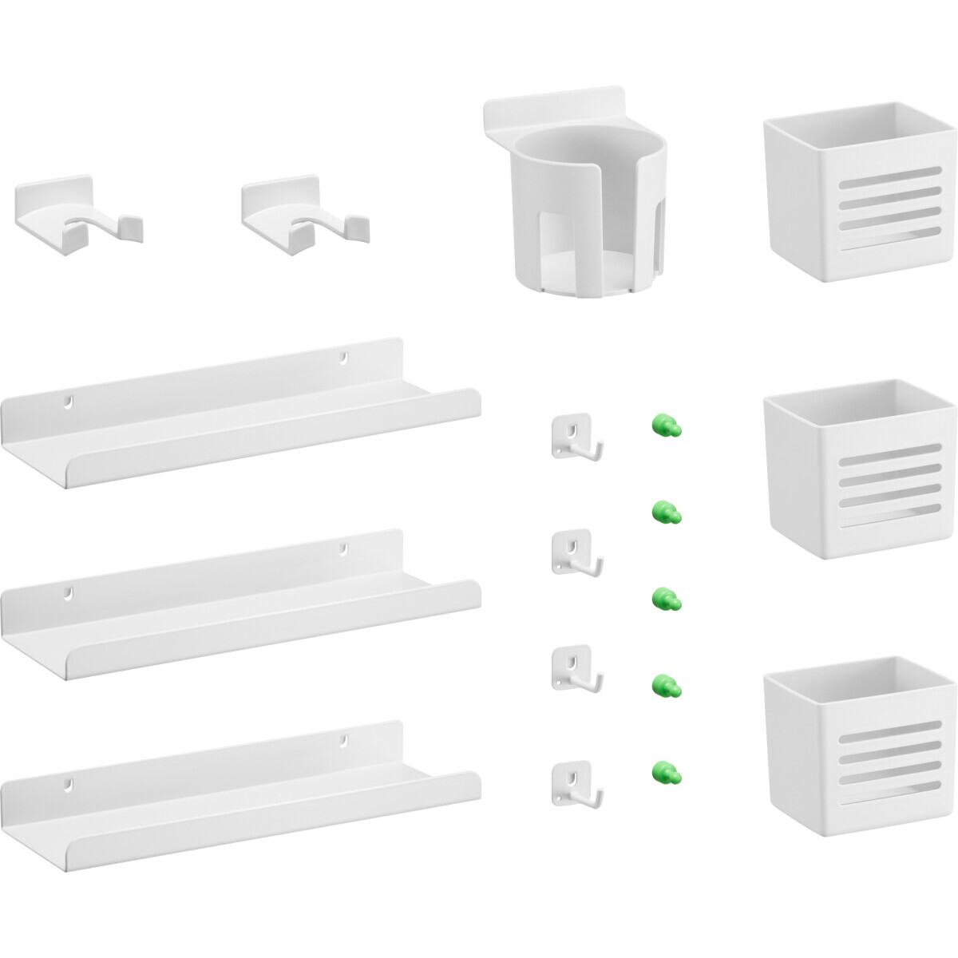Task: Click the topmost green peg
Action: coord(666,426)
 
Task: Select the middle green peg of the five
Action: coord(666,597)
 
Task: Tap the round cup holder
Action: coord(579,208)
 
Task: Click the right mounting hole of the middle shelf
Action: coord(346,549)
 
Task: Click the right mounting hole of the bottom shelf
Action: coord(346,741)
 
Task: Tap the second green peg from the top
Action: coord(666,511)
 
